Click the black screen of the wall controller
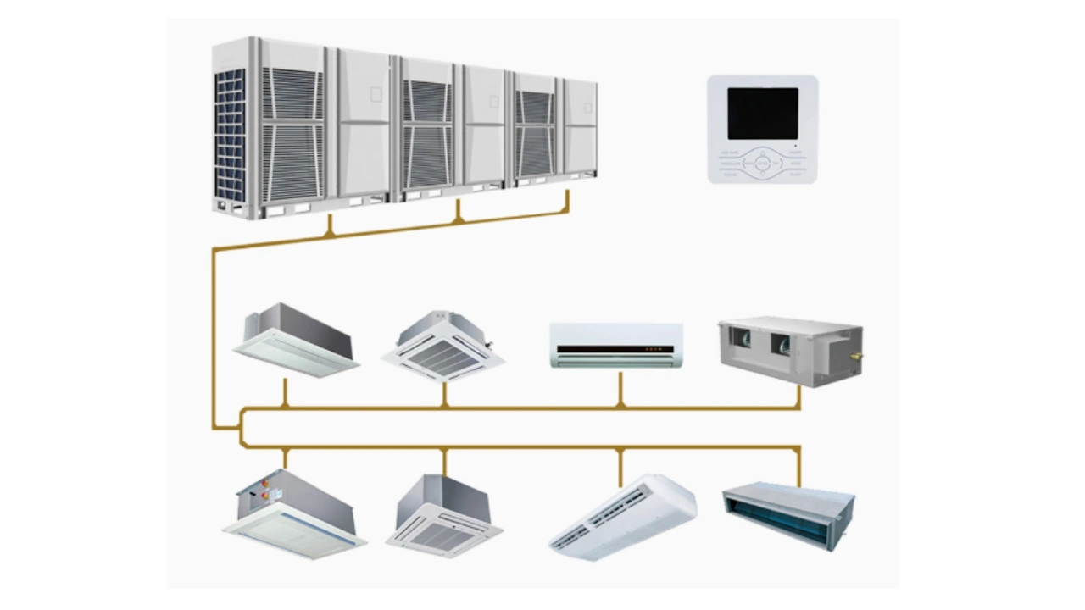[763, 114]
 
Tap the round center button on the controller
[763, 162]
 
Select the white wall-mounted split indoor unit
[616, 344]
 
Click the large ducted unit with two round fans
[790, 350]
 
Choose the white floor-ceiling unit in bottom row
[623, 516]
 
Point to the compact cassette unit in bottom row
[444, 516]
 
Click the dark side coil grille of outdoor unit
[230, 136]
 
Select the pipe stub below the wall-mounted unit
[620, 390]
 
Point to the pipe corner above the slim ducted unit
[798, 448]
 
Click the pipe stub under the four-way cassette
[444, 395]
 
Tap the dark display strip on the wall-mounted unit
[615, 348]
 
